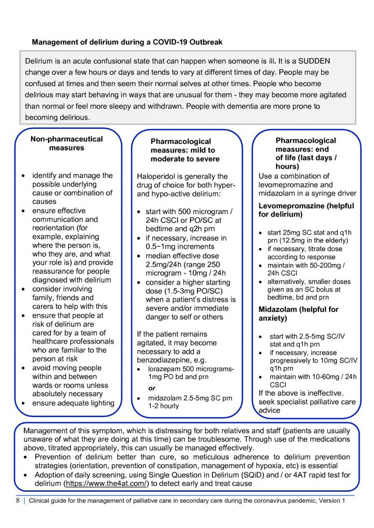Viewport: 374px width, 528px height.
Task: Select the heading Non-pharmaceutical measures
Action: pyautogui.click(x=67, y=143)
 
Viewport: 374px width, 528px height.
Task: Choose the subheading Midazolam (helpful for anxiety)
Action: pyautogui.click(x=298, y=313)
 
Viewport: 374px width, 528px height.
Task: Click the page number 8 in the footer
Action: pyautogui.click(x=17, y=500)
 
